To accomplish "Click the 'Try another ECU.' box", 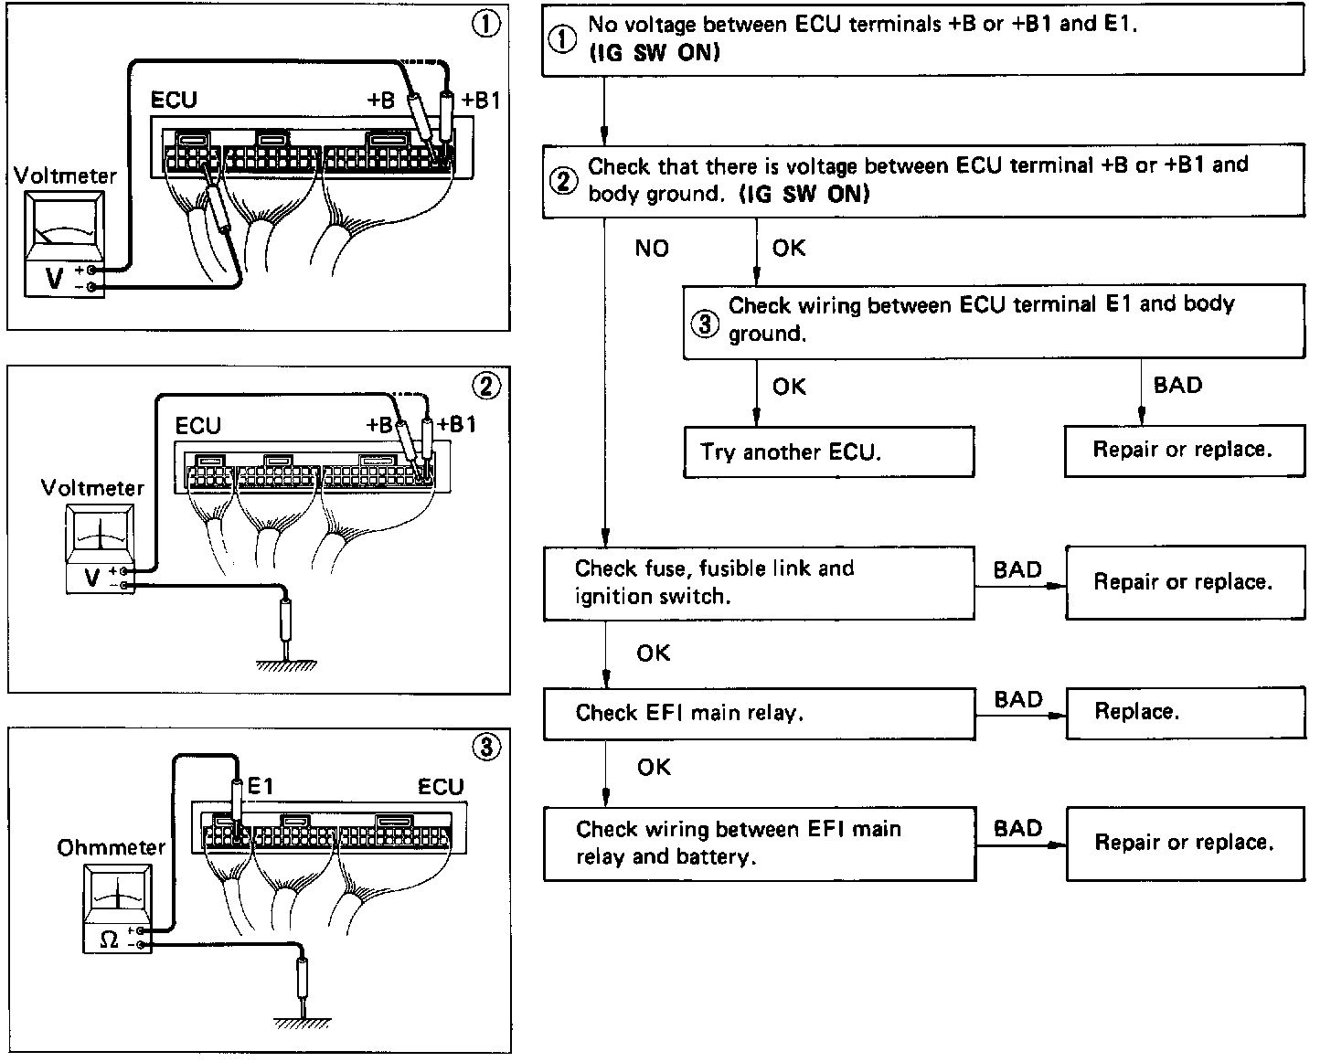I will [x=828, y=451].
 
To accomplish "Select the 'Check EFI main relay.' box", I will [x=759, y=713].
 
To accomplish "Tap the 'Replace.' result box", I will [x=1185, y=712].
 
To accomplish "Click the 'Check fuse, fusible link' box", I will [x=759, y=582].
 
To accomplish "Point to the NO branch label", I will [x=652, y=248].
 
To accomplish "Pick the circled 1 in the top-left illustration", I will [x=485, y=26].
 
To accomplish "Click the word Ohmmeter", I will [x=112, y=848].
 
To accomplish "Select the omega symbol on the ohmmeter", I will [x=108, y=939].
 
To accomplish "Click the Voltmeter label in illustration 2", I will [x=92, y=488].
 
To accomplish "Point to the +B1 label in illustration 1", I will [x=481, y=101].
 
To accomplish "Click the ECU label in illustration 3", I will [x=441, y=787].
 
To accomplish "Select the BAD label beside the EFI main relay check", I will [x=1018, y=700].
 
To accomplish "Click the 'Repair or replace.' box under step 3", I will [x=1184, y=450].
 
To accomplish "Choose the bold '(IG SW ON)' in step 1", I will [x=654, y=53].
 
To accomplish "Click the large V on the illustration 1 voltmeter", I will [x=54, y=278].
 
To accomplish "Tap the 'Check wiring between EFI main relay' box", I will [x=759, y=843].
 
